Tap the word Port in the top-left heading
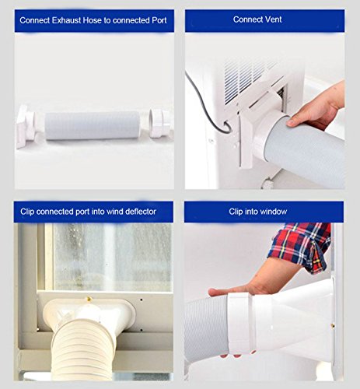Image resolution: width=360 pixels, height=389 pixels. pyautogui.click(x=159, y=20)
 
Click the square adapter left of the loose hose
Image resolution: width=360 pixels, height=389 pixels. pyautogui.click(x=25, y=126)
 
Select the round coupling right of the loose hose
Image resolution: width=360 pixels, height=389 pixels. pyautogui.click(x=159, y=123)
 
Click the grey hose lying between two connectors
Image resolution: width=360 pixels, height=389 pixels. pyautogui.click(x=93, y=126)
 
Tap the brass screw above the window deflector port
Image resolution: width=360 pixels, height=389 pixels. pyautogui.click(x=89, y=299)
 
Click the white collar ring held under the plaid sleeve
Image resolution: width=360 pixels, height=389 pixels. pyautogui.click(x=240, y=324)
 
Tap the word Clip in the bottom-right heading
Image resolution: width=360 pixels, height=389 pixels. pyautogui.click(x=236, y=212)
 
